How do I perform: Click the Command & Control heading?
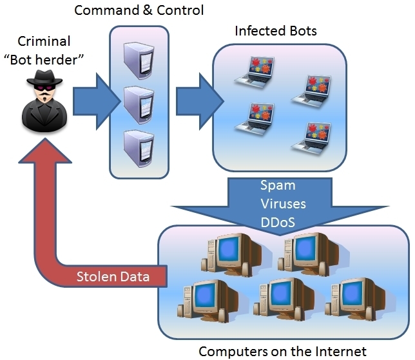[x=139, y=10]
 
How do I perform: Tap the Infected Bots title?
[x=276, y=31]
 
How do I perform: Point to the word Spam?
[x=278, y=186]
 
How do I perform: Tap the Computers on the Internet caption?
[x=282, y=352]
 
